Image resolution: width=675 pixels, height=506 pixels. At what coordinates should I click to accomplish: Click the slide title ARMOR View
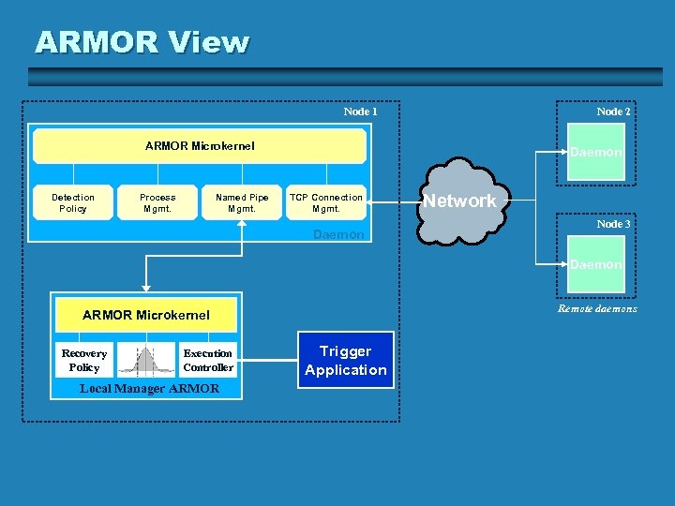pos(142,42)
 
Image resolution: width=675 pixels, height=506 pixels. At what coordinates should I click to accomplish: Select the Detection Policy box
pos(73,202)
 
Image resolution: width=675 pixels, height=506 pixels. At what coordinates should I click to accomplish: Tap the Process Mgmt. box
pos(157,202)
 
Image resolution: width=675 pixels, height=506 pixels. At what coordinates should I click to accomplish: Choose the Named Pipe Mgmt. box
pos(242,202)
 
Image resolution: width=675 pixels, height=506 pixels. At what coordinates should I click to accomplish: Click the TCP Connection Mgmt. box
pos(325,202)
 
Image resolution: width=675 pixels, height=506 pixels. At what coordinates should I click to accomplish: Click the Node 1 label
pos(360,112)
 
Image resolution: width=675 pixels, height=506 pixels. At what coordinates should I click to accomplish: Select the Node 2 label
pos(613,112)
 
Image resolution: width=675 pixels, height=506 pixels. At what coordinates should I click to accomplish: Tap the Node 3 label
pos(613,224)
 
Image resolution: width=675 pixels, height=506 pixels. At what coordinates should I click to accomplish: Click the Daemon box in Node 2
pos(596,151)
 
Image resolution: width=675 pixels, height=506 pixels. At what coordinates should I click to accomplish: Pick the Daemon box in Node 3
pos(596,264)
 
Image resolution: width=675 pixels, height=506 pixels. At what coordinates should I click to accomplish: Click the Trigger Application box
pos(345,361)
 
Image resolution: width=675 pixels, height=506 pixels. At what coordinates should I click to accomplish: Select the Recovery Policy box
pos(84,360)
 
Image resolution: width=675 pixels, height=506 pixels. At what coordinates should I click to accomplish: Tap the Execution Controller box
pos(208,360)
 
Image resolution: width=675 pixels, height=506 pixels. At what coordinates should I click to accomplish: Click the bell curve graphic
pos(144,361)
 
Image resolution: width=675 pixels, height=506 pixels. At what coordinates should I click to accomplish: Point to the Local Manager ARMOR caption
pos(149,388)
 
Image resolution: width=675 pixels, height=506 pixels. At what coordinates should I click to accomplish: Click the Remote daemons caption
pos(597,308)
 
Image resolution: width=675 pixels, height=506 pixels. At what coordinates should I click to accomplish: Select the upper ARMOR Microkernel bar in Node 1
pos(200,146)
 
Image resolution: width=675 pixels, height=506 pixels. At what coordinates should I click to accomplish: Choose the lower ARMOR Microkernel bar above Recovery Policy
pos(146,315)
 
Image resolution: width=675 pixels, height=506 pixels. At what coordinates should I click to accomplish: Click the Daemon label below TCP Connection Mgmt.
pos(338,234)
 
